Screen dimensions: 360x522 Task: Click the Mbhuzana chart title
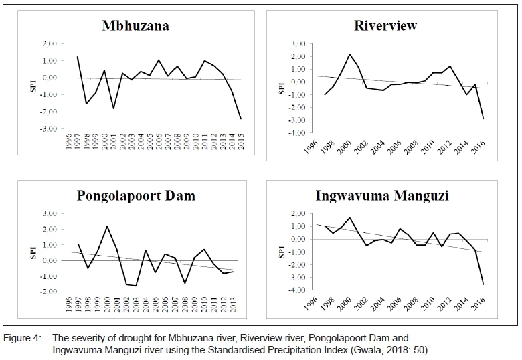[136, 26]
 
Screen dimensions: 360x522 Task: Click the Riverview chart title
[385, 25]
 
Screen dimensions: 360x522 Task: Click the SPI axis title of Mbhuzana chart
[33, 86]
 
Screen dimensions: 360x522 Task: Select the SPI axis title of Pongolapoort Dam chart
[33, 253]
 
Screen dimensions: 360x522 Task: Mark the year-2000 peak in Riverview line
[349, 54]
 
